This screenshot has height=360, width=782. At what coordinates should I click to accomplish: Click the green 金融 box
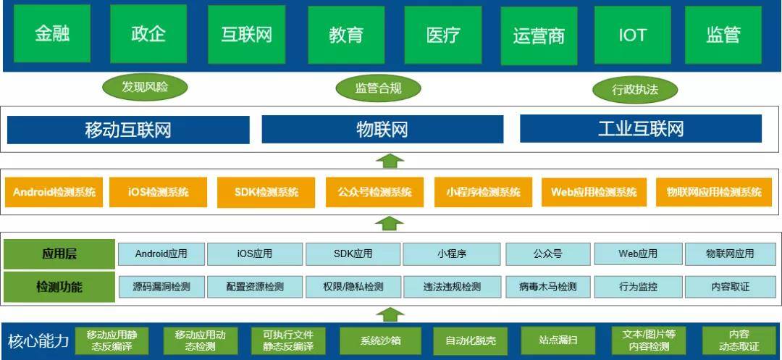[52, 34]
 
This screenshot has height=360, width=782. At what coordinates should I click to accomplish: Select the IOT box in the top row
[632, 35]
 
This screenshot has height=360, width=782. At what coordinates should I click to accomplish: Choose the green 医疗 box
[443, 35]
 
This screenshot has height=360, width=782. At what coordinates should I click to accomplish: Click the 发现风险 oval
[145, 87]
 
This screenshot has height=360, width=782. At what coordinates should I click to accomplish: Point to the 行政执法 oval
[635, 90]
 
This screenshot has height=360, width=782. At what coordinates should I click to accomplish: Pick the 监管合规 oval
[378, 88]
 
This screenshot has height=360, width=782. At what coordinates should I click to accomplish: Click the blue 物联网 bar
[382, 130]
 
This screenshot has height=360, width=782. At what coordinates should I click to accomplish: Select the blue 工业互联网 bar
[641, 129]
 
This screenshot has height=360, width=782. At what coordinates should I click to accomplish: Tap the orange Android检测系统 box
[54, 192]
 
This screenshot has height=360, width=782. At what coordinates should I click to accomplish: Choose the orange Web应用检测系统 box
[594, 192]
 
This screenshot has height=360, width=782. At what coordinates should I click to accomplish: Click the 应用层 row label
[59, 254]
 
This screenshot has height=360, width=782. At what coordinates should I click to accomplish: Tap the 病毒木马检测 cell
[548, 286]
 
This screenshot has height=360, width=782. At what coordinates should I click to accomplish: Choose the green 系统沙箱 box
[381, 340]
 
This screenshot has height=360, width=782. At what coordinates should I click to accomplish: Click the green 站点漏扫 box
[558, 340]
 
